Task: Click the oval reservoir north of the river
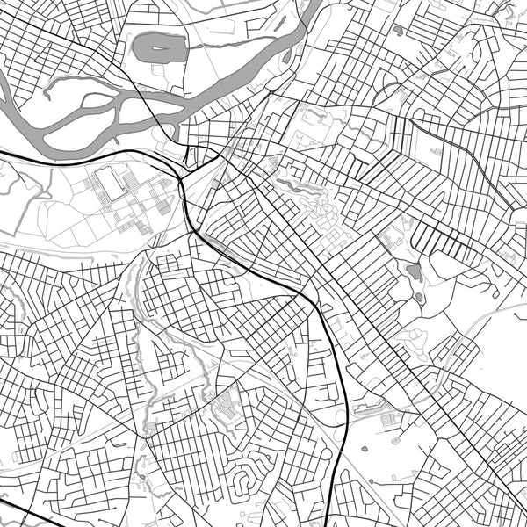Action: coord(160,47)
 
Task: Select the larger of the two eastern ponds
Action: coord(415,271)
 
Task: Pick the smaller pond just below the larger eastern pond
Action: coord(419,298)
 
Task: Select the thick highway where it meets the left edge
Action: coord(4,154)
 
